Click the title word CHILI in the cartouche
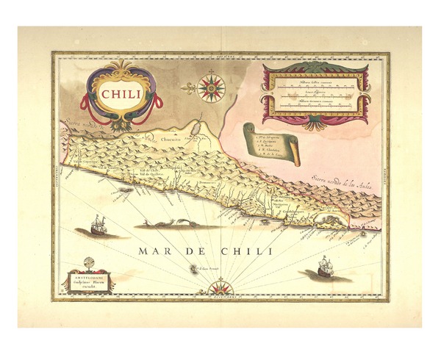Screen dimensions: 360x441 (x=123, y=93)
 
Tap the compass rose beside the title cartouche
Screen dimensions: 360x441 (x=212, y=87)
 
